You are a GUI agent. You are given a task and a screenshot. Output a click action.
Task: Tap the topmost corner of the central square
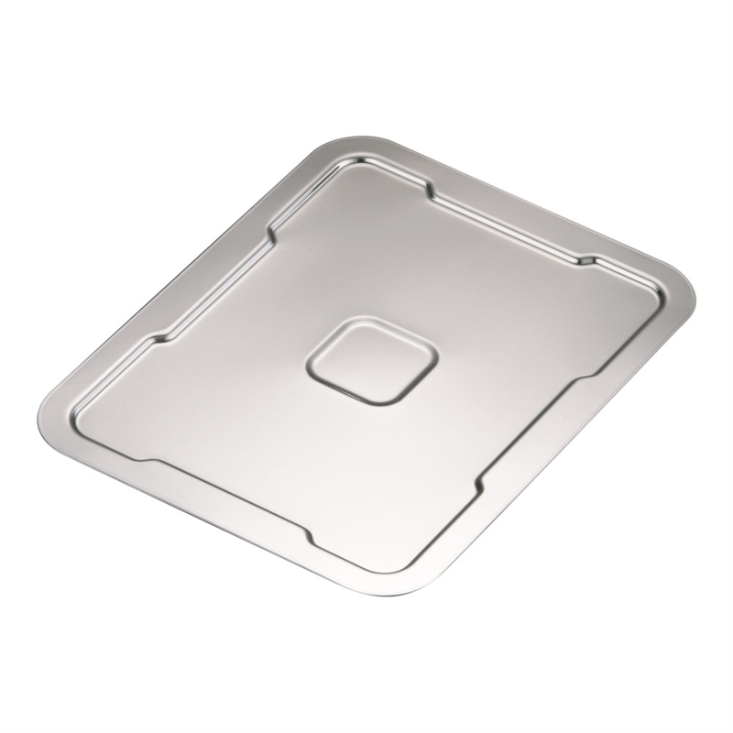[x=347, y=321]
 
